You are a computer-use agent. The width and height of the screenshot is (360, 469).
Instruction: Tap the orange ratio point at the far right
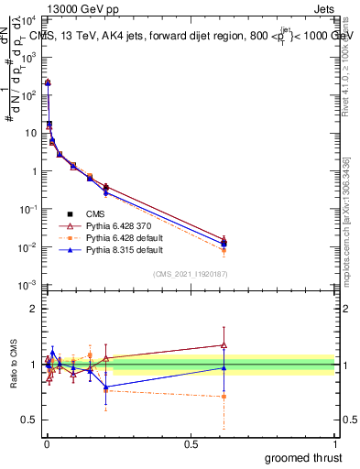(x=224, y=397)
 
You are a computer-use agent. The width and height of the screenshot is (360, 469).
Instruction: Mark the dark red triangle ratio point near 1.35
(x=224, y=345)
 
